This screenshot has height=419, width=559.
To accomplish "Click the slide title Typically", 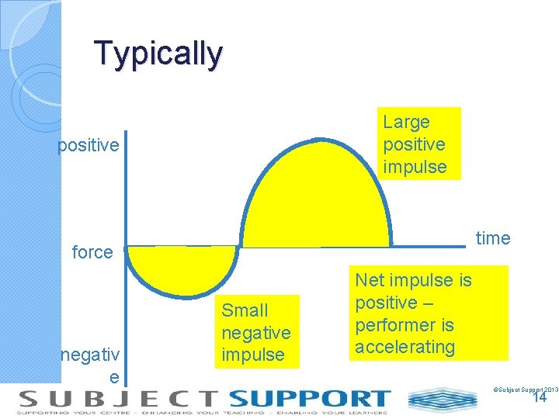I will point(158,54).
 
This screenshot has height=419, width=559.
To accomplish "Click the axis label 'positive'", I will point(89,146).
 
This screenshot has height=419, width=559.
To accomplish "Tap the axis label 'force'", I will point(92,252).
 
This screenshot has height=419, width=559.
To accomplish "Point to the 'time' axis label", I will point(493,238).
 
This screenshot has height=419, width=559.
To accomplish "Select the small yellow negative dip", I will point(182,268).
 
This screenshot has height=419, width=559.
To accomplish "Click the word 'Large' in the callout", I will point(406,122).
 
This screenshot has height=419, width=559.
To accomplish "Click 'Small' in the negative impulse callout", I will point(245,310).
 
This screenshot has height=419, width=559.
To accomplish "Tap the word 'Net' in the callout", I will point(370,279).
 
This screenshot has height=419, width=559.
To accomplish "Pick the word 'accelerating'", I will point(405,347).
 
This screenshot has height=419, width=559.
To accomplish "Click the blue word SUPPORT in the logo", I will point(309,399).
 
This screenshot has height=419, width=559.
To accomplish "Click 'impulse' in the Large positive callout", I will point(415,167).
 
